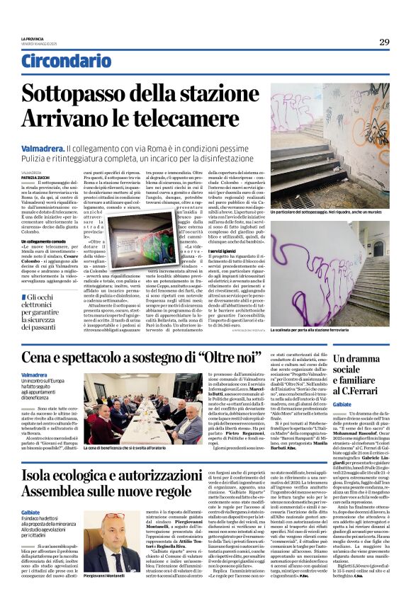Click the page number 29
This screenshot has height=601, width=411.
(x=384, y=42)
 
